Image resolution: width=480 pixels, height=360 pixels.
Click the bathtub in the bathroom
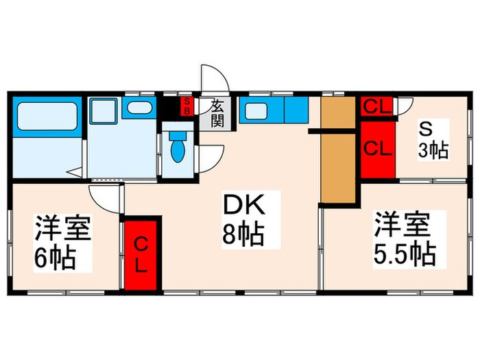click(46, 117)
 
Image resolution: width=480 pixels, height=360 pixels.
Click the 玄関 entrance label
click(217, 113)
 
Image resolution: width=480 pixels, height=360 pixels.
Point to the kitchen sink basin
click(259, 110)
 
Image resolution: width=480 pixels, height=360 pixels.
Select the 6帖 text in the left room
click(54, 259)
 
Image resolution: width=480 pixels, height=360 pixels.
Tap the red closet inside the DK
click(141, 254)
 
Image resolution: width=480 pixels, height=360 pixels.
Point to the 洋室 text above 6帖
click(63, 228)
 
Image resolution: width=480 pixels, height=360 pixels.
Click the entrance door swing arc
click(211, 77)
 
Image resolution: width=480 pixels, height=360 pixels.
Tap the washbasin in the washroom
click(141, 108)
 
